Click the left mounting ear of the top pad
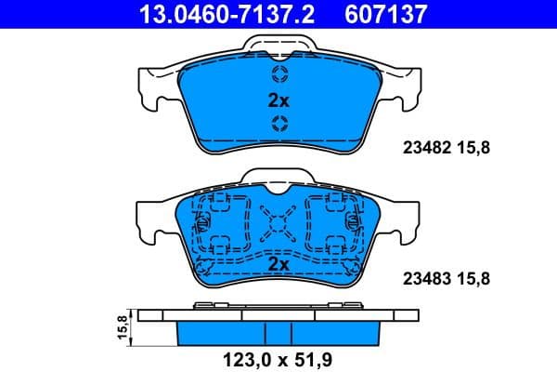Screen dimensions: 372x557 pyautogui.click(x=151, y=86)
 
